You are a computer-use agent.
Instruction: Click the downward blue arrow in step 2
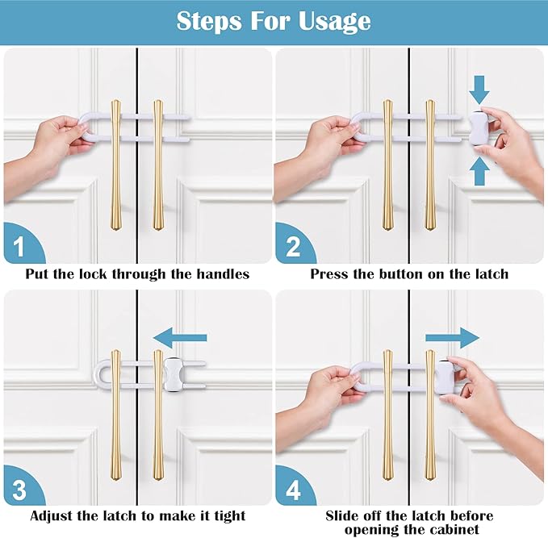[x=479, y=87]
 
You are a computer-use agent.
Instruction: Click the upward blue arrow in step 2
[x=479, y=171]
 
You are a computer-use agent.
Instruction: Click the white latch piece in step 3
[x=174, y=373]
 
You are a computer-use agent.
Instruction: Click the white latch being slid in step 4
[x=445, y=377]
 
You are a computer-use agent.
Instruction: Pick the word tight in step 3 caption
[x=228, y=515]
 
